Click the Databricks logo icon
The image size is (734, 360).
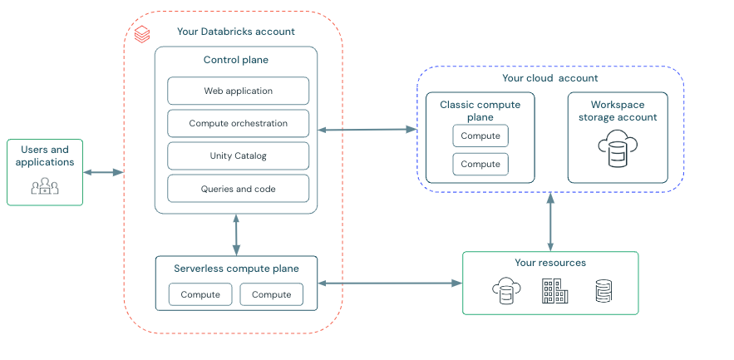point(142,33)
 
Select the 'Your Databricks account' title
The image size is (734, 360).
point(235,32)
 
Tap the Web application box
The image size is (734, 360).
point(238,91)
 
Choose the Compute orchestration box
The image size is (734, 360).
point(238,123)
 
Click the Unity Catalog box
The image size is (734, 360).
point(238,155)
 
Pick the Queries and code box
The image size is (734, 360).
point(238,189)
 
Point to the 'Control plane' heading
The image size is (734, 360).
point(236,60)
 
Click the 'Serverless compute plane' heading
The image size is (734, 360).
point(236,269)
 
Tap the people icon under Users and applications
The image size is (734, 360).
point(45,186)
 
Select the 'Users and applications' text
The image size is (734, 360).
point(45,156)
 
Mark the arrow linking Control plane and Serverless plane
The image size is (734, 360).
point(237,234)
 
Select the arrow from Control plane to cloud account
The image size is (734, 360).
point(367,130)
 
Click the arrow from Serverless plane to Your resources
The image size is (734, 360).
point(390,284)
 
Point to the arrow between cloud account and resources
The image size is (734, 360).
point(549,222)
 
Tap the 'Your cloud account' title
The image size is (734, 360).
point(549,78)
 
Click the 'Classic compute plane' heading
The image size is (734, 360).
point(480,111)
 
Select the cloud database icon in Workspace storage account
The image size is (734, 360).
point(617,149)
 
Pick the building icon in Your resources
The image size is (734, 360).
point(554,291)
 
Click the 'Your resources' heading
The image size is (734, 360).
point(549,263)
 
